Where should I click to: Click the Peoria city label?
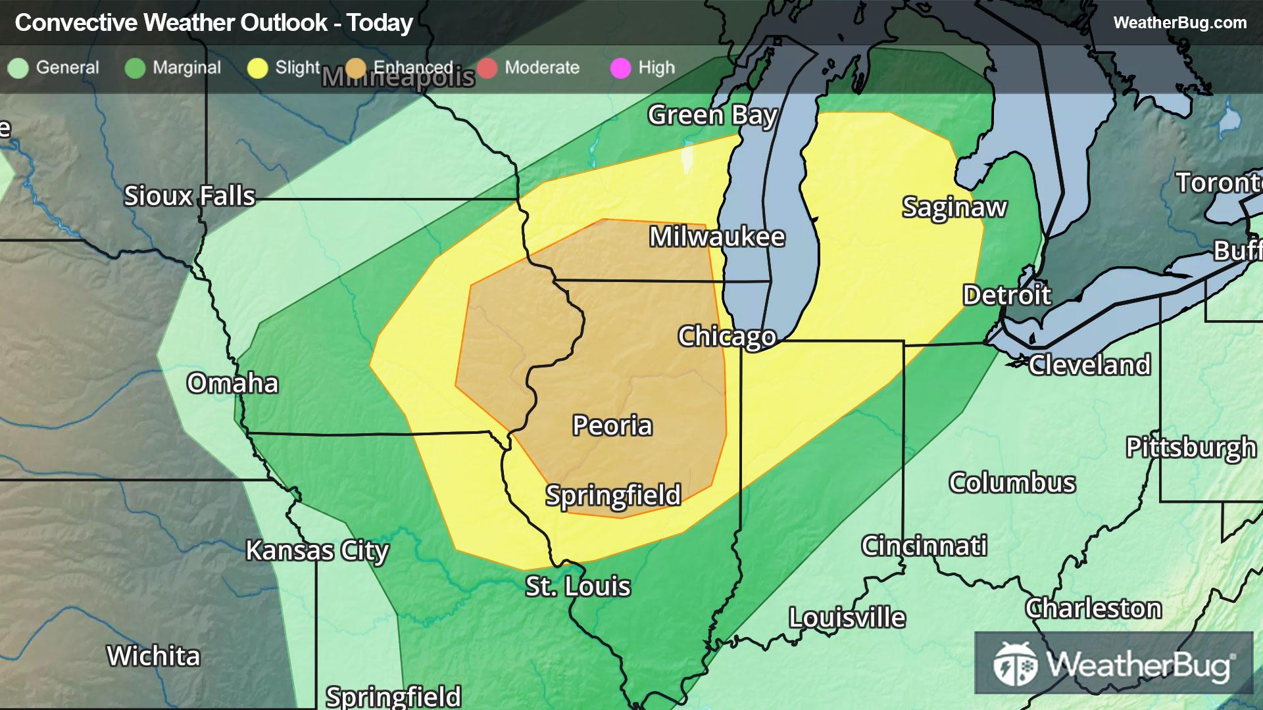(612, 425)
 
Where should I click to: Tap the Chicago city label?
(727, 336)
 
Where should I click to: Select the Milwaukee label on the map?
(717, 237)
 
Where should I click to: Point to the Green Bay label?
(712, 115)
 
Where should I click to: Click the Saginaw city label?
(954, 207)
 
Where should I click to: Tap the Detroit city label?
(1007, 295)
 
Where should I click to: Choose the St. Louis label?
(578, 586)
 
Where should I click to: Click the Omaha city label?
(233, 383)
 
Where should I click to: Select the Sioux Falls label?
(189, 196)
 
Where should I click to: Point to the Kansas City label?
(317, 550)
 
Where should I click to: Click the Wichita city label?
(153, 655)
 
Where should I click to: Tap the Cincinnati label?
(924, 546)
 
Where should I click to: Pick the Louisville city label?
(847, 617)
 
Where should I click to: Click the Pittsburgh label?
(1191, 447)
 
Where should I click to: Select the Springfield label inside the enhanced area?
(613, 495)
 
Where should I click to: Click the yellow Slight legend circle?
(257, 68)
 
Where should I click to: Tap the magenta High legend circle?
(620, 68)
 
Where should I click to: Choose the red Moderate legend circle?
(487, 68)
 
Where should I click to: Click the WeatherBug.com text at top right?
(1179, 22)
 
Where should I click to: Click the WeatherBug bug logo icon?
(1015, 664)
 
